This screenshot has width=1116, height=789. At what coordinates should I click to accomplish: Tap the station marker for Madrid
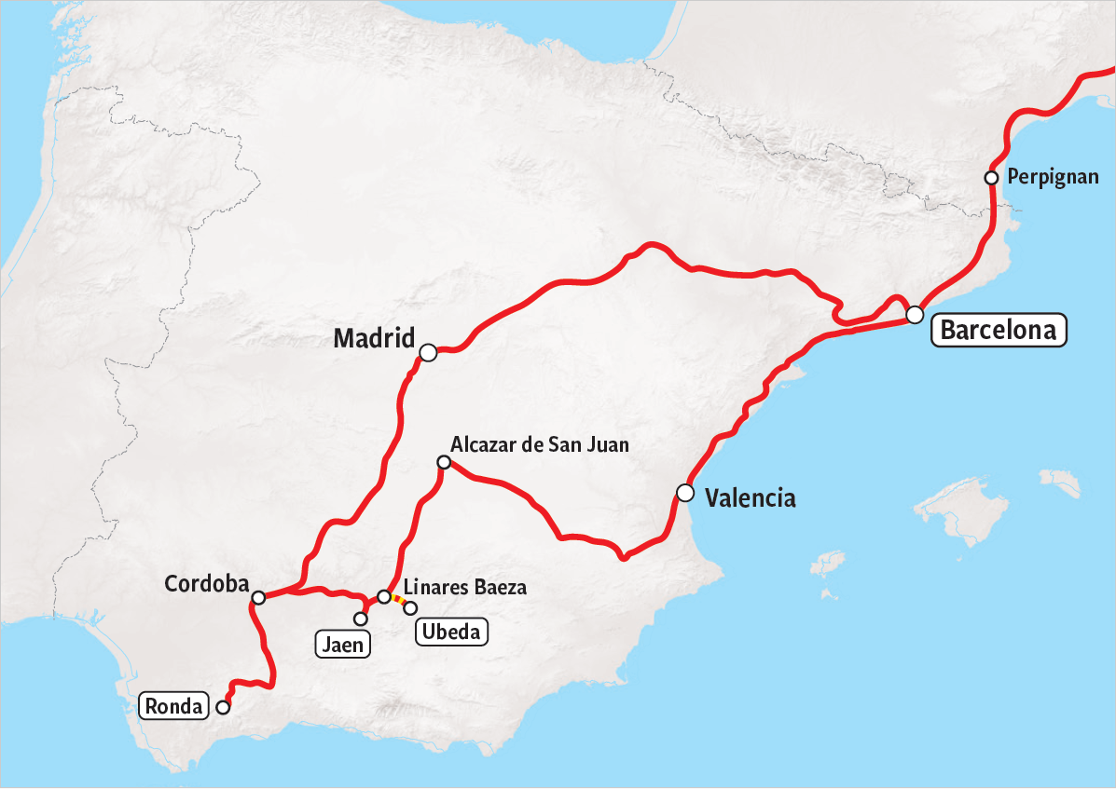[x=428, y=352]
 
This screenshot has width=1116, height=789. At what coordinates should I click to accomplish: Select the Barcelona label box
[x=999, y=330]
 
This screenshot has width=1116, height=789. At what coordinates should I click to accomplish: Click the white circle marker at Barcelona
[x=915, y=314]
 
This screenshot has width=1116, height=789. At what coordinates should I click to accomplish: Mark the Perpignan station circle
[x=992, y=178]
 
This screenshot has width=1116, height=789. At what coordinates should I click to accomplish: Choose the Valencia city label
[x=751, y=498]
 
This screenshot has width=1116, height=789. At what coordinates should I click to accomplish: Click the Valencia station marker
[x=685, y=492]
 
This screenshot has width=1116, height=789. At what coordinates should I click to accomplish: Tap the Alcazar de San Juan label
[x=539, y=444]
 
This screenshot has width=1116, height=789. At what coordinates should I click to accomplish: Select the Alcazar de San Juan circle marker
[x=444, y=462]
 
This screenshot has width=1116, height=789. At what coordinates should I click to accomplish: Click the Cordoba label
[x=207, y=584]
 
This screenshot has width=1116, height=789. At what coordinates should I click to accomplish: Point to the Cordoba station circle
[x=259, y=597]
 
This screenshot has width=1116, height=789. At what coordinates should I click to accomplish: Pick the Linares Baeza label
[x=465, y=587]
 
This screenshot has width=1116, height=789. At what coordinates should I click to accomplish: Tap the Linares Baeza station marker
[x=383, y=596]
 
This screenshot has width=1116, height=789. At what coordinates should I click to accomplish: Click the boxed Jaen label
[x=343, y=644]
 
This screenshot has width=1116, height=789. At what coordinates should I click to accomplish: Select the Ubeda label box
[x=451, y=633]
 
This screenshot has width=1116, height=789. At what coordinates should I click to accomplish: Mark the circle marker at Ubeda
[x=410, y=608]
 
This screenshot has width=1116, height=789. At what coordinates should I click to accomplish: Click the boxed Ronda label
[x=174, y=707]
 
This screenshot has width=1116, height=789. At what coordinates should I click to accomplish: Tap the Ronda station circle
[x=223, y=707]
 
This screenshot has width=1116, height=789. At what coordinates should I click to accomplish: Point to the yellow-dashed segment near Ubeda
[x=398, y=601]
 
